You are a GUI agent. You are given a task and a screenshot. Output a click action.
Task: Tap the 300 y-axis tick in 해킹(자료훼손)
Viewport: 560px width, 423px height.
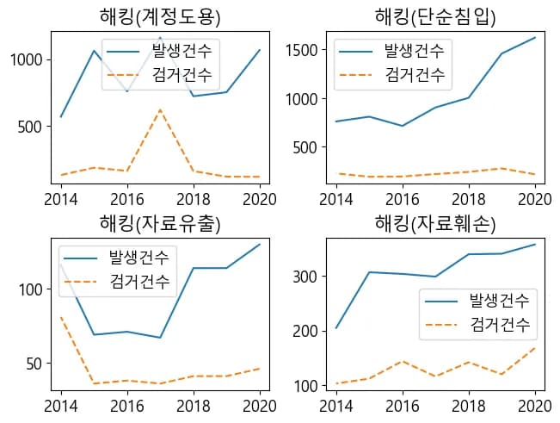(x=306, y=277)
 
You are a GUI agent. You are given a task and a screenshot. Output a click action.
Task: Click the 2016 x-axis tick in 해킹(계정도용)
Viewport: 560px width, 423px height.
(x=127, y=196)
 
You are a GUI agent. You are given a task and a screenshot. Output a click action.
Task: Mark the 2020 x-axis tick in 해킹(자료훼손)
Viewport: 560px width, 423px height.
(x=535, y=404)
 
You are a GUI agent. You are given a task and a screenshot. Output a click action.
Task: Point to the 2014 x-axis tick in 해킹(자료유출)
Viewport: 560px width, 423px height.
(x=61, y=404)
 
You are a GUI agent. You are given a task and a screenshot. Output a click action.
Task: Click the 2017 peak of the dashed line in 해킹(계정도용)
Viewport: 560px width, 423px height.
(x=160, y=109)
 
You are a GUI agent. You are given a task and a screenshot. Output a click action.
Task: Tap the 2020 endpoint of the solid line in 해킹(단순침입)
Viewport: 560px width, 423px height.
(x=535, y=37)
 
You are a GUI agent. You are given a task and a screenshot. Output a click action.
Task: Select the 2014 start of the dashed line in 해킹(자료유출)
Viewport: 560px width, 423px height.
(x=61, y=317)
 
